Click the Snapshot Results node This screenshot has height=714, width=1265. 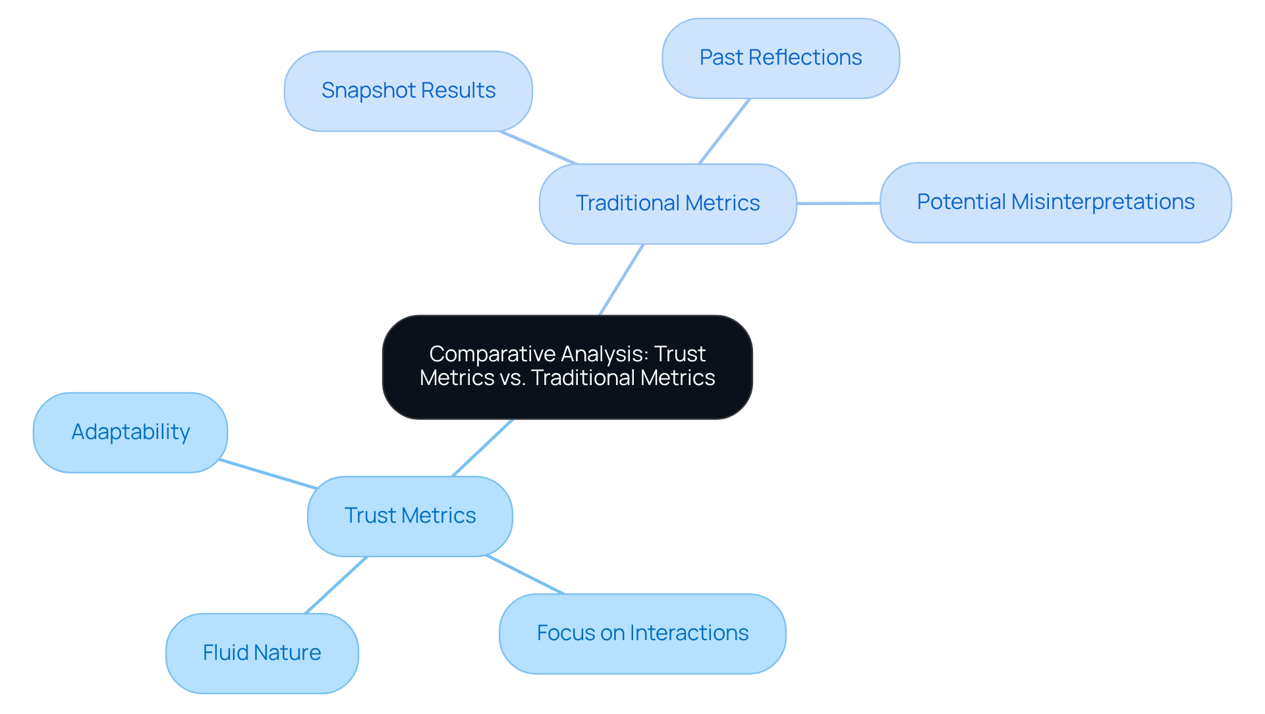408,91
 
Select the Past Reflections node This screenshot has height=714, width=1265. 780,58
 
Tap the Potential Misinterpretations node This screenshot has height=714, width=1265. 1055,202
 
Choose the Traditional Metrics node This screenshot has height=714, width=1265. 667,204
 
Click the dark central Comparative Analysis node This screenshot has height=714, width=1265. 567,367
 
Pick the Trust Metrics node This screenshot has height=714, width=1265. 410,516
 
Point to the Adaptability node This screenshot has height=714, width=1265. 130,432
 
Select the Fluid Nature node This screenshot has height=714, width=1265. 262,653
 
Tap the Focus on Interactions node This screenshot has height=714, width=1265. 642,634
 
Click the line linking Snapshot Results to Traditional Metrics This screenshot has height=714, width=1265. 538,148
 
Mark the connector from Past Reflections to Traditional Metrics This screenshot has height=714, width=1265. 724,131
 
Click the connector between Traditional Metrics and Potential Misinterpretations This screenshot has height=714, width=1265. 838,203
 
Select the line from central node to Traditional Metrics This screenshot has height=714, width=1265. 621,280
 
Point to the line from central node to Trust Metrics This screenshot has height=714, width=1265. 482,448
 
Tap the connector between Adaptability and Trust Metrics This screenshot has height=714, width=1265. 268,474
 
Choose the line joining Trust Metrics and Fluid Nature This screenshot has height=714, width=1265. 336,585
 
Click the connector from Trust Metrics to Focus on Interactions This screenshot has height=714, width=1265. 525,575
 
